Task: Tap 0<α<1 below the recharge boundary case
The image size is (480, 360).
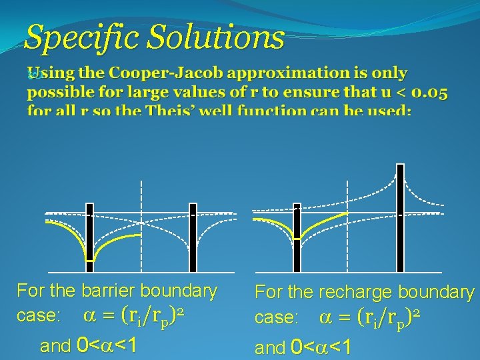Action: coord(322,347)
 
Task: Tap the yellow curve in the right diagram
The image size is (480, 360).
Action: coord(320,223)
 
